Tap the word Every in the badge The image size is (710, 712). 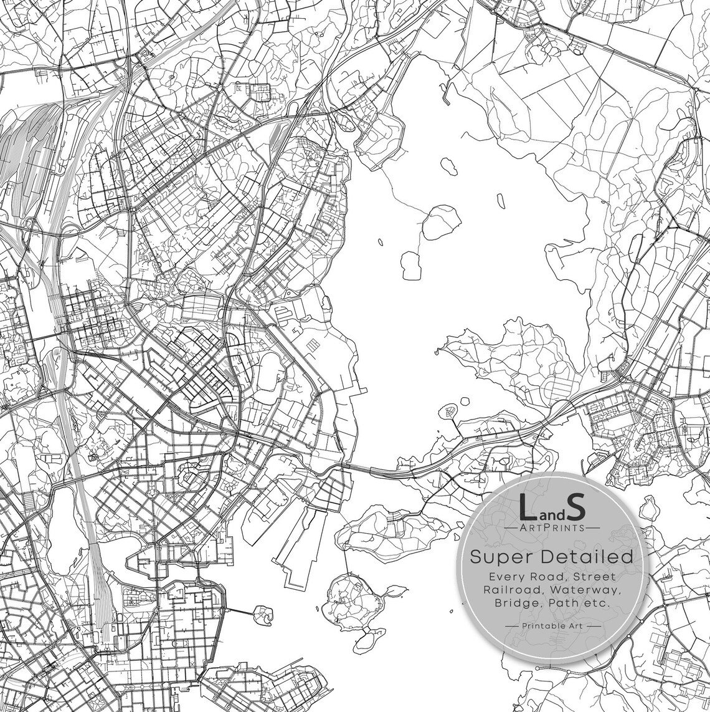click(x=505, y=577)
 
